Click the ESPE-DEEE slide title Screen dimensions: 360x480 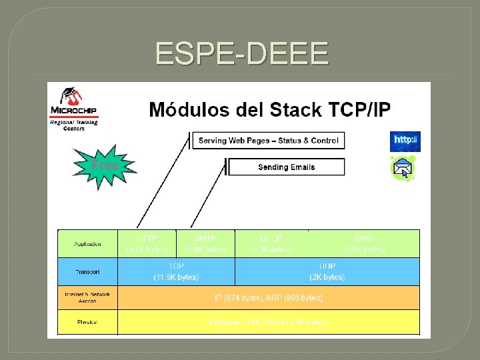click(241, 53)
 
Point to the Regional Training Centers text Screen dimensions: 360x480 click(74, 125)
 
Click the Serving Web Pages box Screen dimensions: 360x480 click(268, 140)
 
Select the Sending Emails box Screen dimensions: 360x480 click(286, 167)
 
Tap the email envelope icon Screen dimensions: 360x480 click(403, 168)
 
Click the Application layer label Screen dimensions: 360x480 click(87, 244)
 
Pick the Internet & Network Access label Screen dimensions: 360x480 click(87, 297)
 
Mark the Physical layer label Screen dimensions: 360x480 click(87, 323)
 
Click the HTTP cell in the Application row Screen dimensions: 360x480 click(147, 243)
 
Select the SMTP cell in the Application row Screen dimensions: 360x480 click(205, 243)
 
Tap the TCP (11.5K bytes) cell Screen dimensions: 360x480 click(176, 271)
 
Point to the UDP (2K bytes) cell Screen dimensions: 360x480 click(327, 271)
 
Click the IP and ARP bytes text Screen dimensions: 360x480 click(268, 297)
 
